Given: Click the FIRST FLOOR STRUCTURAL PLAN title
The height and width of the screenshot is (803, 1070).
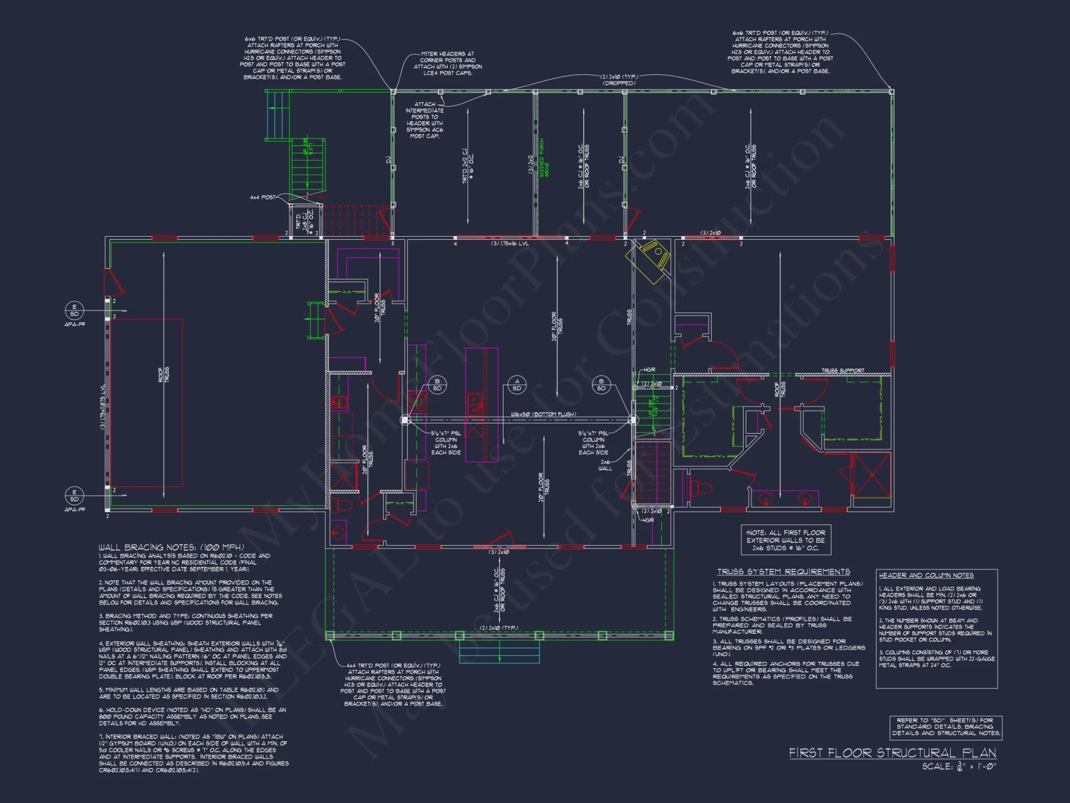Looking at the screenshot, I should click(892, 753).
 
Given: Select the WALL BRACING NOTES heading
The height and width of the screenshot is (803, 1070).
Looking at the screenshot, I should click(171, 547).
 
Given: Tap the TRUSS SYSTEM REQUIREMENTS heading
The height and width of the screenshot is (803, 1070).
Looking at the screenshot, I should click(783, 572).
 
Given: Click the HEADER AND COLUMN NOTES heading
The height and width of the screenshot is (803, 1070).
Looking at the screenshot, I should click(926, 575).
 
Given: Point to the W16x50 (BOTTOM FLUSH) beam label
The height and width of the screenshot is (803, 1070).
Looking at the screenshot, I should click(543, 414).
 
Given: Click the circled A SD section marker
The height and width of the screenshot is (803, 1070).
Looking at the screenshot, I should click(517, 385).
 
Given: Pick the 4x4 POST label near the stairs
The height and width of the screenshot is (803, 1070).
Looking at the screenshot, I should click(262, 198).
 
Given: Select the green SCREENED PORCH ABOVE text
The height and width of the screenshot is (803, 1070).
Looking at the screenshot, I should click(544, 158).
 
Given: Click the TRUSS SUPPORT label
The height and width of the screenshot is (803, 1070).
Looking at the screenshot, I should click(843, 370).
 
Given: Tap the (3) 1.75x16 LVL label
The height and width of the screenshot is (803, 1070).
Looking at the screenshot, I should click(510, 244).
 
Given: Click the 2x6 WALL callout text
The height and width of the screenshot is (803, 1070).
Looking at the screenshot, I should click(605, 465).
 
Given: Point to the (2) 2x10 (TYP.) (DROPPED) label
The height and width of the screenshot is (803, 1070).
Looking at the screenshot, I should click(619, 80).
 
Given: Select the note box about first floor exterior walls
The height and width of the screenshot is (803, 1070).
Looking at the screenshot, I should click(785, 540).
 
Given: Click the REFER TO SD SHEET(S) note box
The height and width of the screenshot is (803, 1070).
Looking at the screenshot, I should click(945, 727).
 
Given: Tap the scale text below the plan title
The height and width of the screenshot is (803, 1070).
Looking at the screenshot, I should click(959, 767).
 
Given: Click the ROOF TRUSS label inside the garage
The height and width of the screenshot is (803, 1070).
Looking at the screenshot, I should click(164, 374).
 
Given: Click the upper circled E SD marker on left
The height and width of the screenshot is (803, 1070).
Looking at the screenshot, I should click(74, 310).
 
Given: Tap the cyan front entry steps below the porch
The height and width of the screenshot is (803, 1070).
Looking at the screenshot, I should click(499, 652).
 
